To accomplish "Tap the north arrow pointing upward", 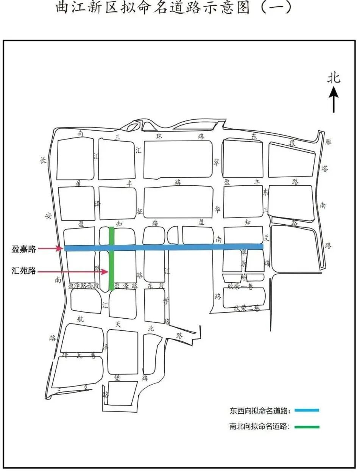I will [x=334, y=99].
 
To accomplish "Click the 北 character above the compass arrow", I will [x=334, y=78].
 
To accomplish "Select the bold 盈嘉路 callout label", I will [x=24, y=249].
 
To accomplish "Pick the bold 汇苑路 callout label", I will [x=24, y=271].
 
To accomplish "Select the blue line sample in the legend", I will [x=307, y=410].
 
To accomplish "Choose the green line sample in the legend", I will [x=307, y=427].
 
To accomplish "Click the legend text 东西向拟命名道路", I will [x=260, y=410].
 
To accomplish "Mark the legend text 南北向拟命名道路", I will [x=260, y=427].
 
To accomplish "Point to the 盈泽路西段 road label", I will [x=84, y=286].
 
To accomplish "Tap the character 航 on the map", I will [x=80, y=319].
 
